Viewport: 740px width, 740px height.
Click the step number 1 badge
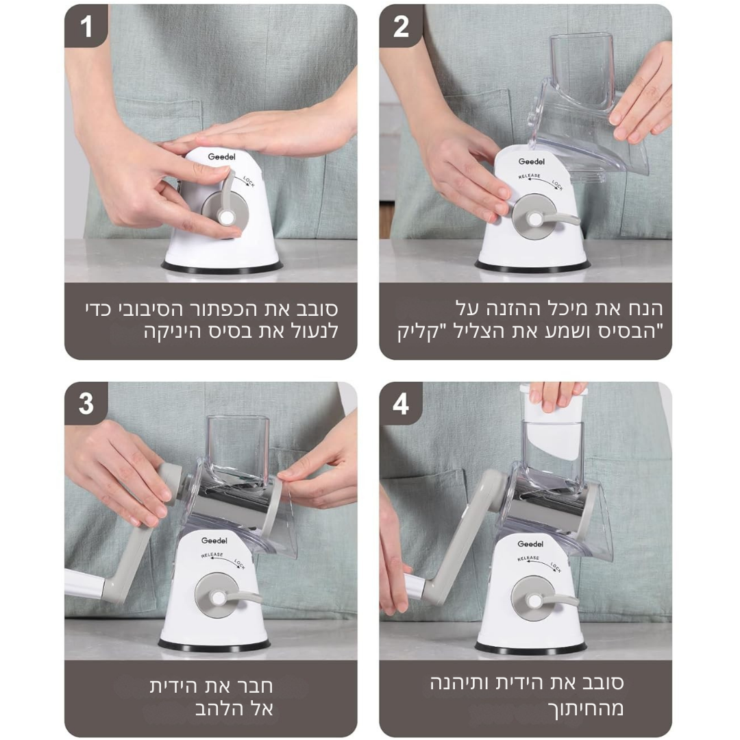coord(86,26)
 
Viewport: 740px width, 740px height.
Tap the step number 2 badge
coord(401,26)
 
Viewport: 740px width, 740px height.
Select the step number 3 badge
coord(86,404)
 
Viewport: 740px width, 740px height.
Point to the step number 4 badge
coord(401,404)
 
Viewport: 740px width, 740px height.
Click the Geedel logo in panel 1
coord(221,157)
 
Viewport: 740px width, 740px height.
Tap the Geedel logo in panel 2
coord(532,162)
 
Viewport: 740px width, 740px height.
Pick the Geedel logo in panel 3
coord(214,541)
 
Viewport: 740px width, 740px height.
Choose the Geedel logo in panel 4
coord(530,543)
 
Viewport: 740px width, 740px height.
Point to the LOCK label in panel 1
coord(249,182)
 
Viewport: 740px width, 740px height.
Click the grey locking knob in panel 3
coord(218,597)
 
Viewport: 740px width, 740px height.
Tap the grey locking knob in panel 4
coord(534,600)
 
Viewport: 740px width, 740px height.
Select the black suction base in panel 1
coord(222,269)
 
